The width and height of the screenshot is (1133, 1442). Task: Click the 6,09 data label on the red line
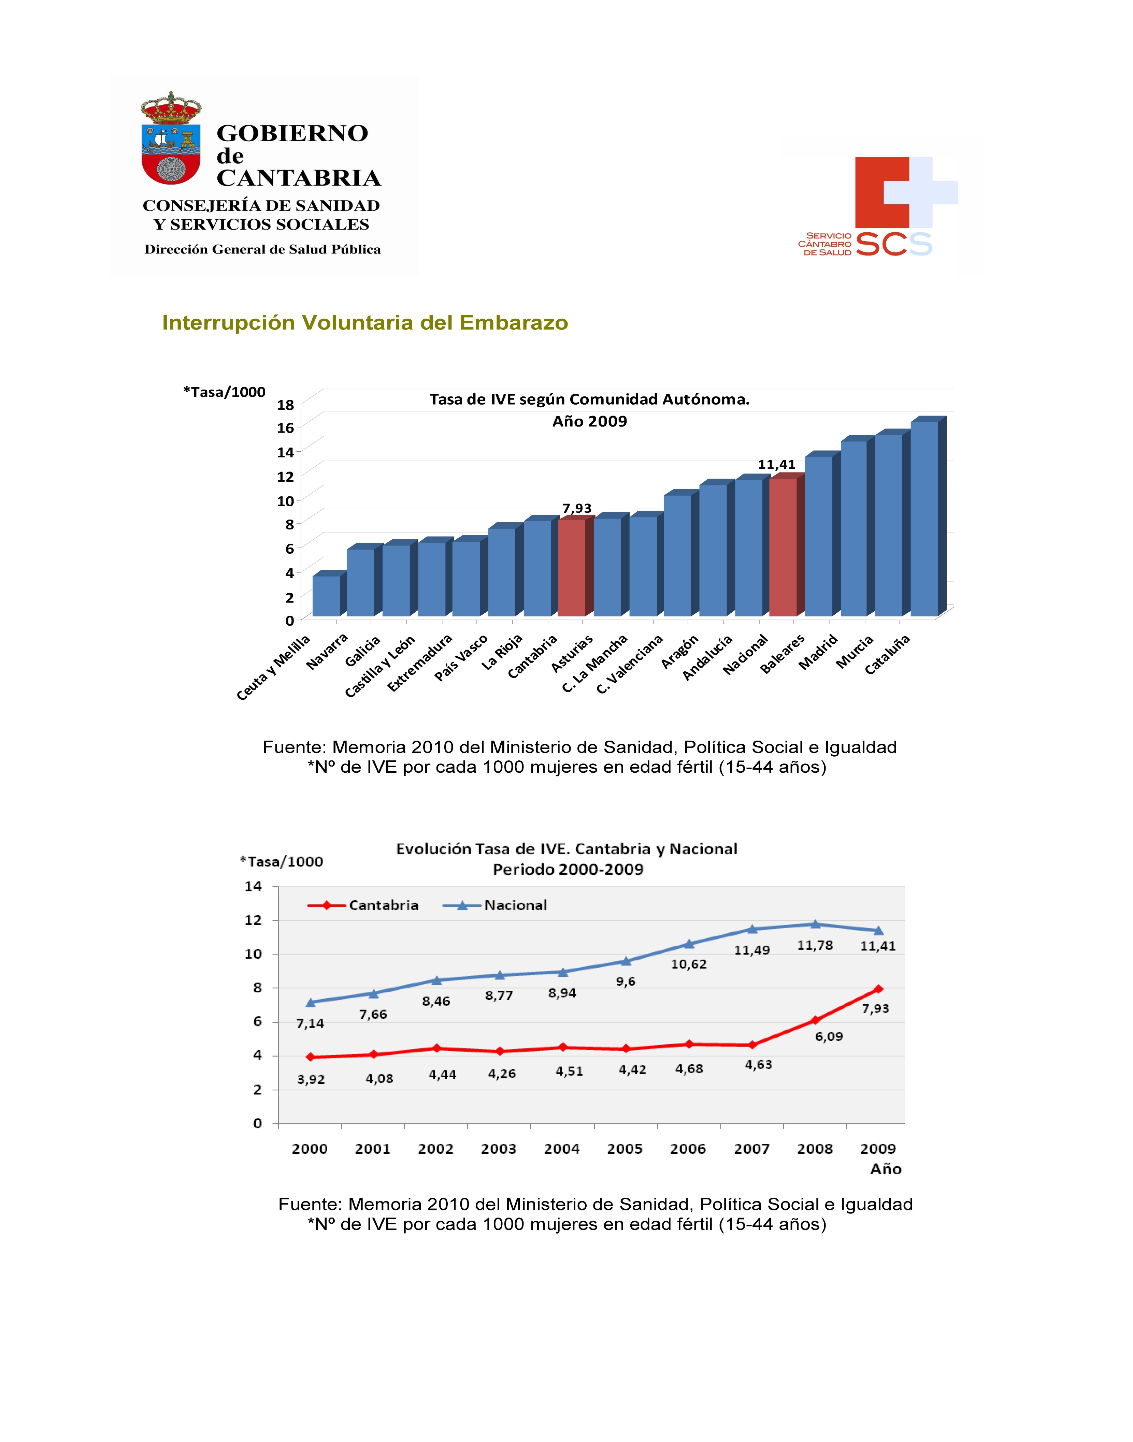829,1037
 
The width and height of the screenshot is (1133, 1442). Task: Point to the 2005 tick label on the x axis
625,1149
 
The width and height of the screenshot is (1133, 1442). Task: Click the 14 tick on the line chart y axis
254,886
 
